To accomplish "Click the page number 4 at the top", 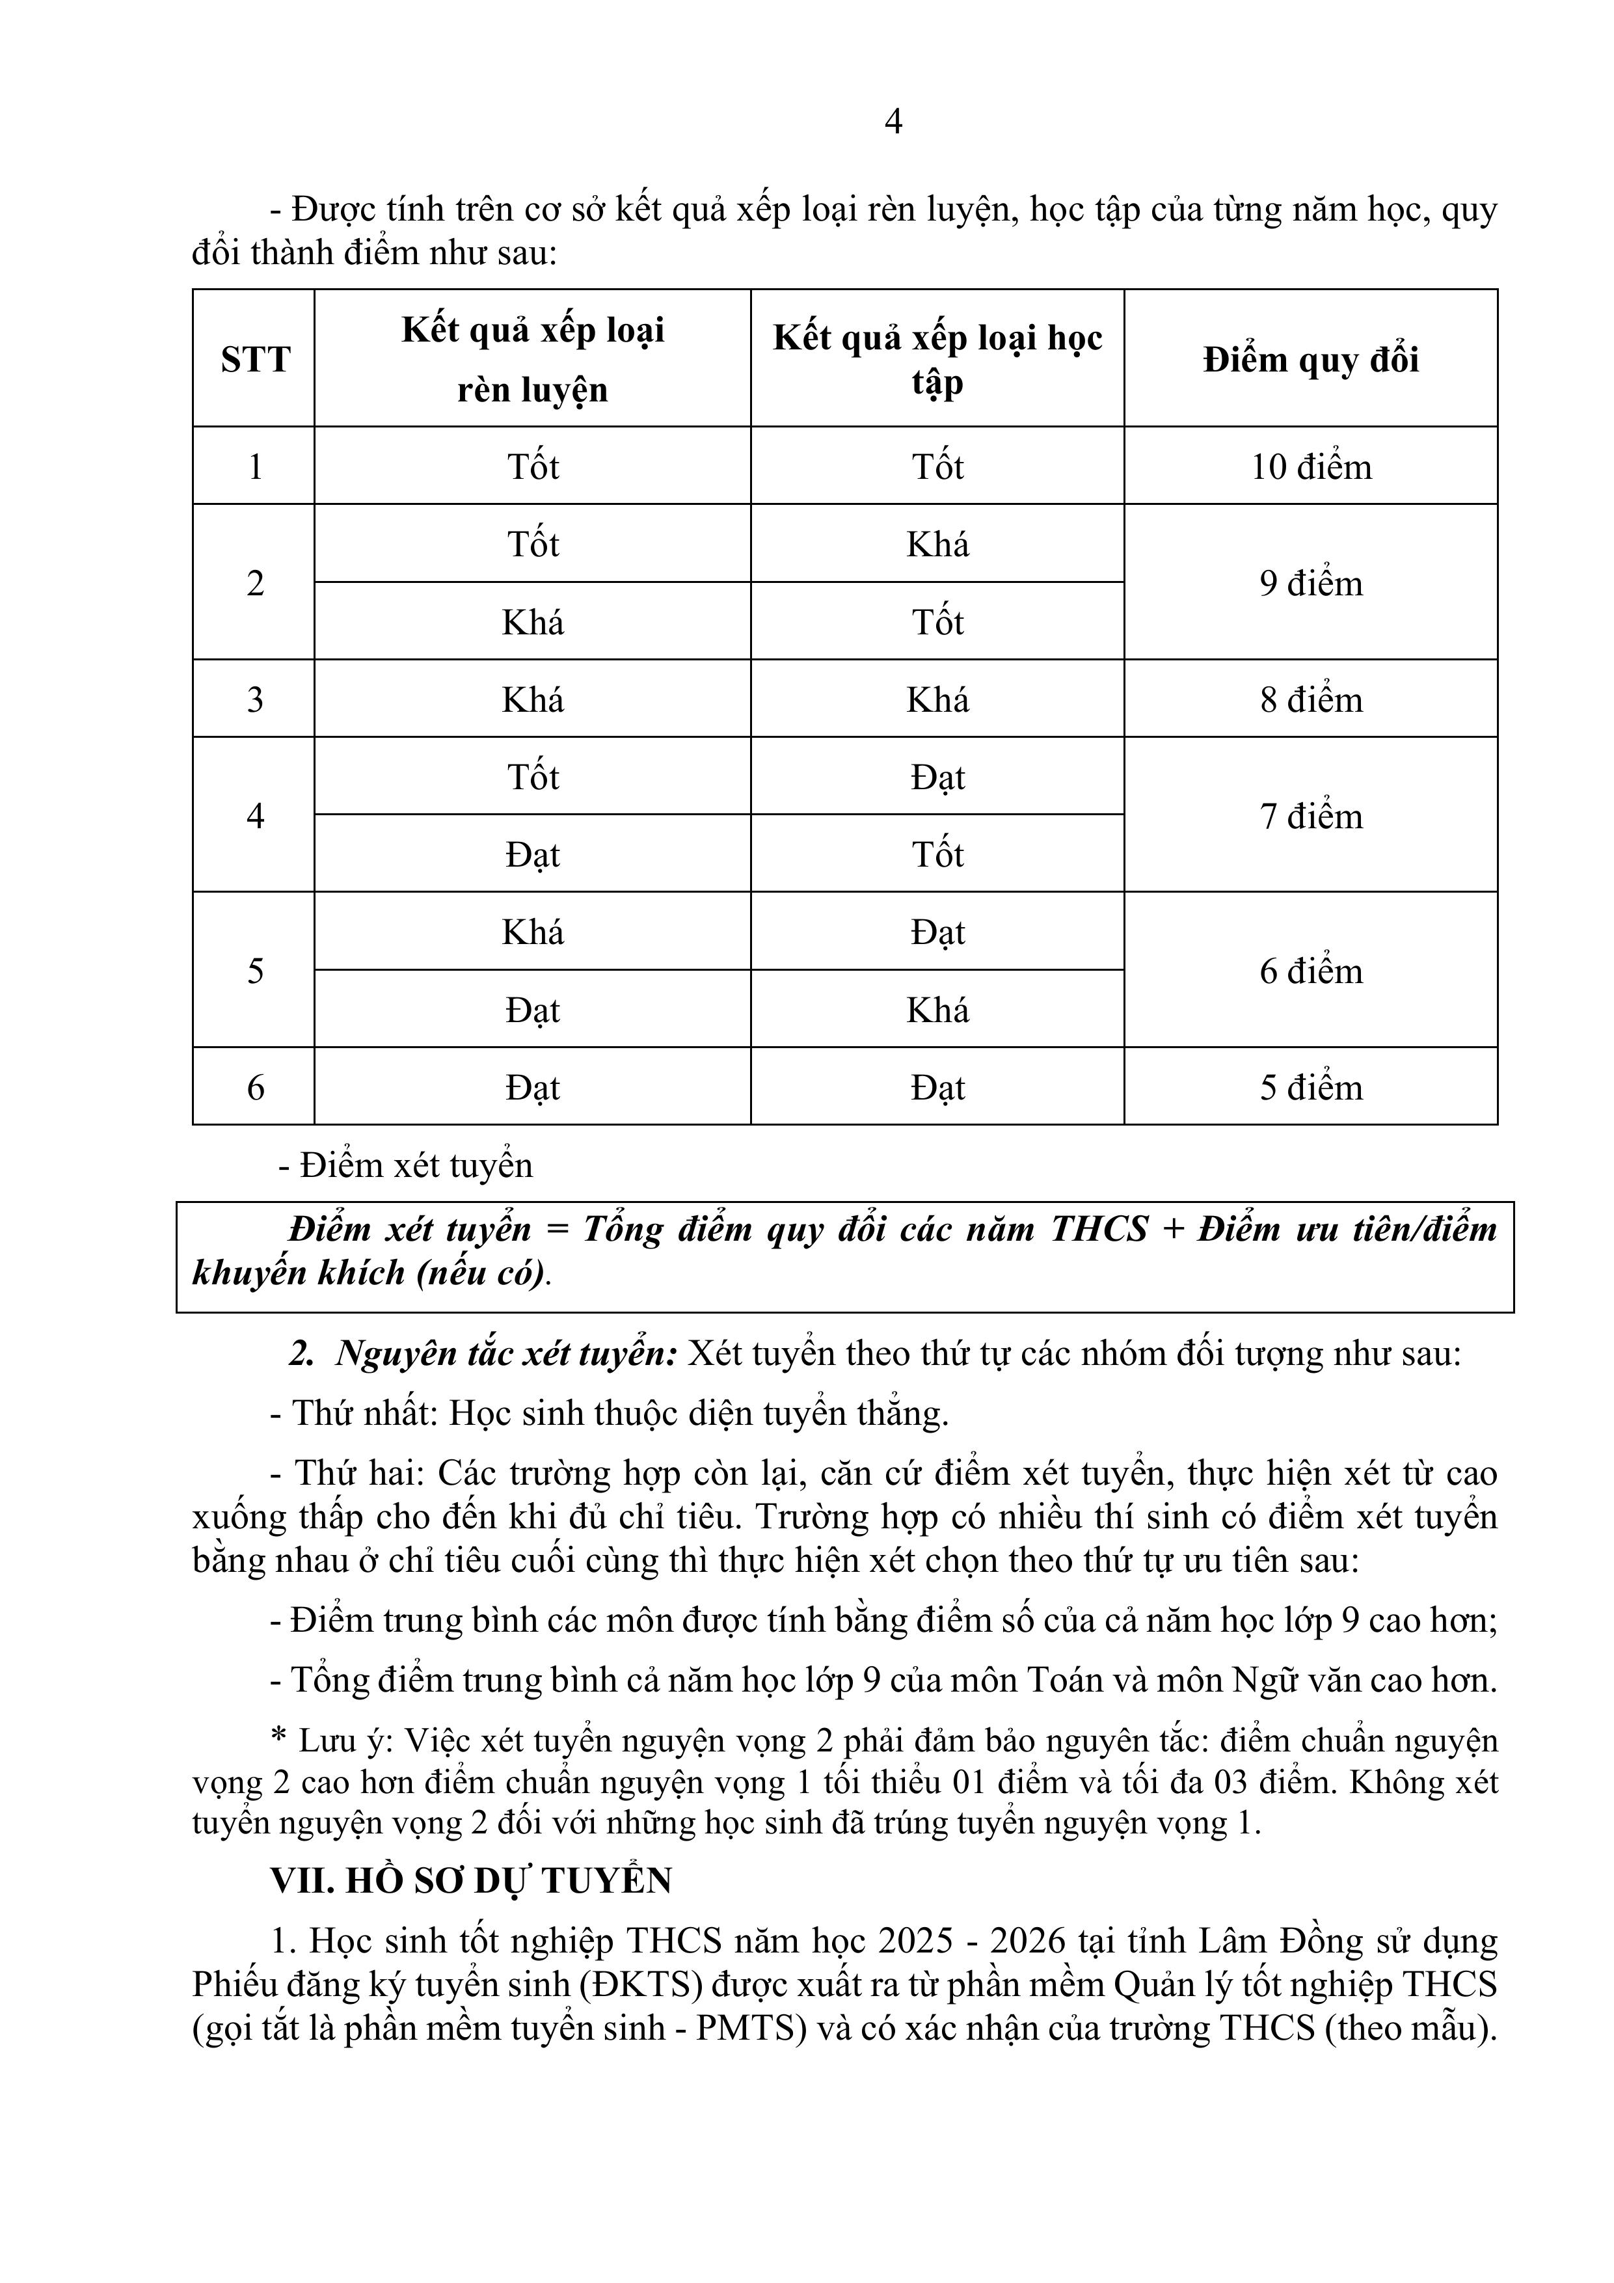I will pos(893,121).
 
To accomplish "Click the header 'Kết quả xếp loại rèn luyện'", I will pos(533,359).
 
